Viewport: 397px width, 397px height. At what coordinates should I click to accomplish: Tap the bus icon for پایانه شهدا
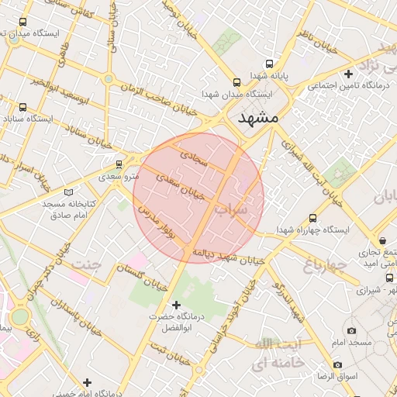pos(269,64)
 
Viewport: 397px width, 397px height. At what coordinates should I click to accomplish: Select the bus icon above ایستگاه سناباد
pos(22,107)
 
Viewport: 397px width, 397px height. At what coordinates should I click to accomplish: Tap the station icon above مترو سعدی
pos(119,164)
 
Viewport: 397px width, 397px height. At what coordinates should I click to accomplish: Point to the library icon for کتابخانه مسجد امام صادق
pos(70,191)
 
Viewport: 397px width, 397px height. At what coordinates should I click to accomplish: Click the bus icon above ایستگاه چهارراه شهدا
pos(312,219)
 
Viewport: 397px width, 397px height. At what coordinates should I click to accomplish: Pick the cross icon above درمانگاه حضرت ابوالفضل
pos(176,305)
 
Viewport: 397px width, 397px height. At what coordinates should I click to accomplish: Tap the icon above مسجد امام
pos(352,330)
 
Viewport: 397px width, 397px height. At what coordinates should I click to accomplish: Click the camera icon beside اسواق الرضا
pos(337,364)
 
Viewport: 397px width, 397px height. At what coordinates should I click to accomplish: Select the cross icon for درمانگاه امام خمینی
pos(87,382)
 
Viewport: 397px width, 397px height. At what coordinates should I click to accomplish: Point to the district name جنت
pos(87,265)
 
